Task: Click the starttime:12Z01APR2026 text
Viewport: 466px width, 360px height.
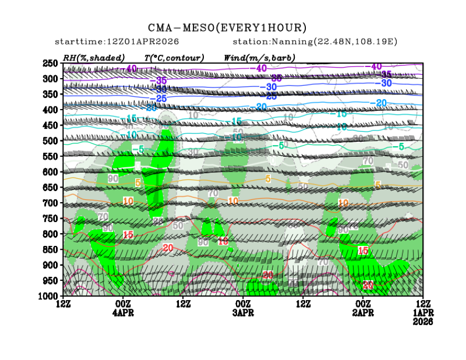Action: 109,42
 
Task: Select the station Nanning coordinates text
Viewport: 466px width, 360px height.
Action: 315,42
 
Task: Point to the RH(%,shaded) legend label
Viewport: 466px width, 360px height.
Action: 94,58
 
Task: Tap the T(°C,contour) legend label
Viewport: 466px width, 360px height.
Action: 174,58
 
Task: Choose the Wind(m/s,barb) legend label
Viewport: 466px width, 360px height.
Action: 259,58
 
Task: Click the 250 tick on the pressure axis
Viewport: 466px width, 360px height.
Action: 51,63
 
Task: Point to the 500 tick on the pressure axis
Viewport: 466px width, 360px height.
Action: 51,141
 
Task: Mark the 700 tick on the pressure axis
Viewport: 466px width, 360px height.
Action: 51,203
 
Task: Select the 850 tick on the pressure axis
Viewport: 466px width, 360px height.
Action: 51,249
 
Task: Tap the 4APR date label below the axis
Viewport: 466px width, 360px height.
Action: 123,313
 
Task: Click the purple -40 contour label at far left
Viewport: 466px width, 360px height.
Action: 131,69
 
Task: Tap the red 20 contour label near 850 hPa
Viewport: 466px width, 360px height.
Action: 168,247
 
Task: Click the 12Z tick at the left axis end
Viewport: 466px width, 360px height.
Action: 63,304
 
